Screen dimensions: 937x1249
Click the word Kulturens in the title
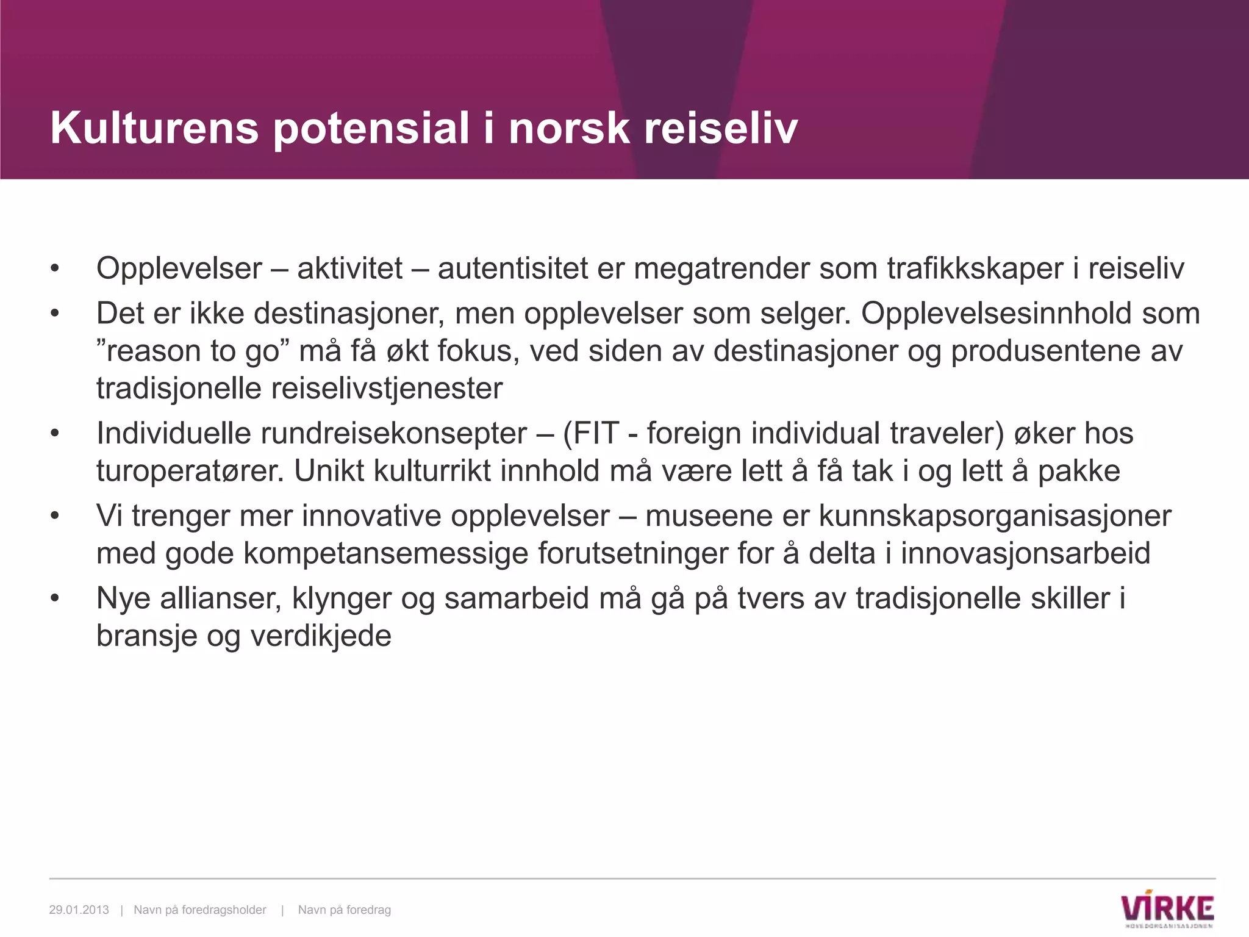154,128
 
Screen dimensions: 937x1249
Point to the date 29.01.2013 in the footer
79,910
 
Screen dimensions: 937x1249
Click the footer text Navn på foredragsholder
200,910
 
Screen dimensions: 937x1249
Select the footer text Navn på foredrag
345,910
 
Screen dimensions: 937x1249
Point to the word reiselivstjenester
387,389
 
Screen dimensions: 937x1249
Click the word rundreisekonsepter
394,434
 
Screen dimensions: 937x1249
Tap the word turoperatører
190,472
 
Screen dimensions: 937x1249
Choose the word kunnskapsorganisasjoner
995,516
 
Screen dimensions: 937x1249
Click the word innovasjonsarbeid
1025,554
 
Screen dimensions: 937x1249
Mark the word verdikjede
321,636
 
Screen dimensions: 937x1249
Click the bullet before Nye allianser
55,598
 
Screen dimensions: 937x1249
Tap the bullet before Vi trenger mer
55,516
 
